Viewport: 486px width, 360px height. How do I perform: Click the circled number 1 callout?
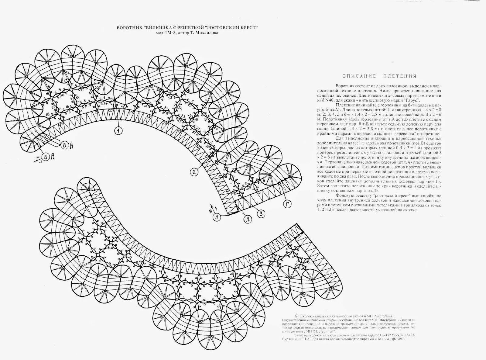tap(118, 130)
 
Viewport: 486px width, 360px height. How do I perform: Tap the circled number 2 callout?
tap(194, 172)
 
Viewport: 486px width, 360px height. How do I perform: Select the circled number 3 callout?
tap(260, 214)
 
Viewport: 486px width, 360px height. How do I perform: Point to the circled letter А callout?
tap(217, 217)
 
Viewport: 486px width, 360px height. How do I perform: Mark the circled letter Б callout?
tap(46, 157)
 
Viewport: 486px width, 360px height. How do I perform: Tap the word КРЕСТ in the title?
tap(248, 28)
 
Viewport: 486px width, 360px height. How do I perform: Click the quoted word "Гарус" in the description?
tap(413, 99)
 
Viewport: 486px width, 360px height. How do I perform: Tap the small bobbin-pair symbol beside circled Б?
tap(53, 156)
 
